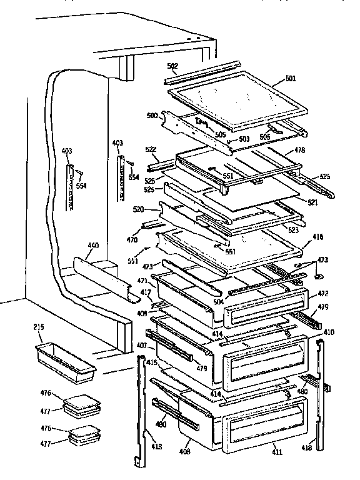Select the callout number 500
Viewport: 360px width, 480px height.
pyautogui.click(x=152, y=115)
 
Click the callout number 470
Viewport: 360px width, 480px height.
pyautogui.click(x=133, y=239)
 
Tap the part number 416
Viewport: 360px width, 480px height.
pyautogui.click(x=319, y=238)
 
